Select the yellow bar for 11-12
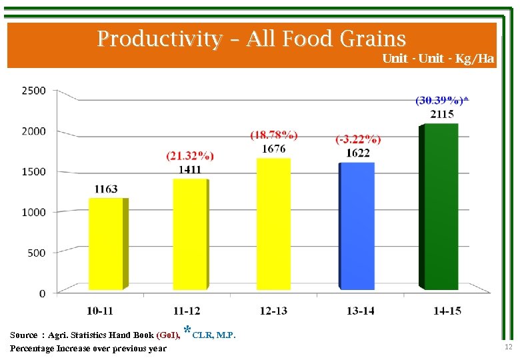point(191,233)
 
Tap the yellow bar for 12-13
point(273,223)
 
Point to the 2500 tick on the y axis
point(33,90)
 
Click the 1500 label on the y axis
point(33,171)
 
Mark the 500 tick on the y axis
point(37,253)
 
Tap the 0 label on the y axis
point(42,293)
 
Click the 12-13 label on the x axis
point(273,311)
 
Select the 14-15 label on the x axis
point(447,311)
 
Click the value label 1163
point(106,189)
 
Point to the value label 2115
point(442,114)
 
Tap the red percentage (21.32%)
point(190,156)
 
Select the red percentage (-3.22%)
point(358,139)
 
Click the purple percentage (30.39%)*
point(442,100)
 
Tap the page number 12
point(508,347)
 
